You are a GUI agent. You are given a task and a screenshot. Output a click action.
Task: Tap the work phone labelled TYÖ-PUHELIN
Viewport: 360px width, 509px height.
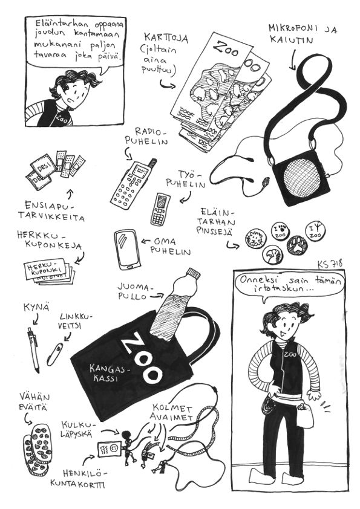[x=160, y=209]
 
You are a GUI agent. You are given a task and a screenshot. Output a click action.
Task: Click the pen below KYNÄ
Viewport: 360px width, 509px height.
[x=33, y=349]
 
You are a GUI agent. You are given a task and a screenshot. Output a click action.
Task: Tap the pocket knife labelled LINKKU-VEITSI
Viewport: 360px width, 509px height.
[x=54, y=354]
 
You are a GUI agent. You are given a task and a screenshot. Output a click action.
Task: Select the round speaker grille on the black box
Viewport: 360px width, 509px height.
[x=301, y=178]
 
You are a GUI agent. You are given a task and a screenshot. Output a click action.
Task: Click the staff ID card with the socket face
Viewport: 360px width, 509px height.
[x=110, y=450]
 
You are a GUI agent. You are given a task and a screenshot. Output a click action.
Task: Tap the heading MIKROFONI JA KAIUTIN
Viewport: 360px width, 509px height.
[x=303, y=34]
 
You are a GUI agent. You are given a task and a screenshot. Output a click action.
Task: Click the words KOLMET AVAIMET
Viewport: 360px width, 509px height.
[x=172, y=412]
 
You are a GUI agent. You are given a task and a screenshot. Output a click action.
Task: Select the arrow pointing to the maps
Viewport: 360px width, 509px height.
[x=168, y=85]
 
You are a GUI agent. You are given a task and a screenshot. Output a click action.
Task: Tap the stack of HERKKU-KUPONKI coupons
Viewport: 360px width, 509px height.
[x=49, y=272]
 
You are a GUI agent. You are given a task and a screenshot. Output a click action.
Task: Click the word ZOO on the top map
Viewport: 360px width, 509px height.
[x=226, y=49]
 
